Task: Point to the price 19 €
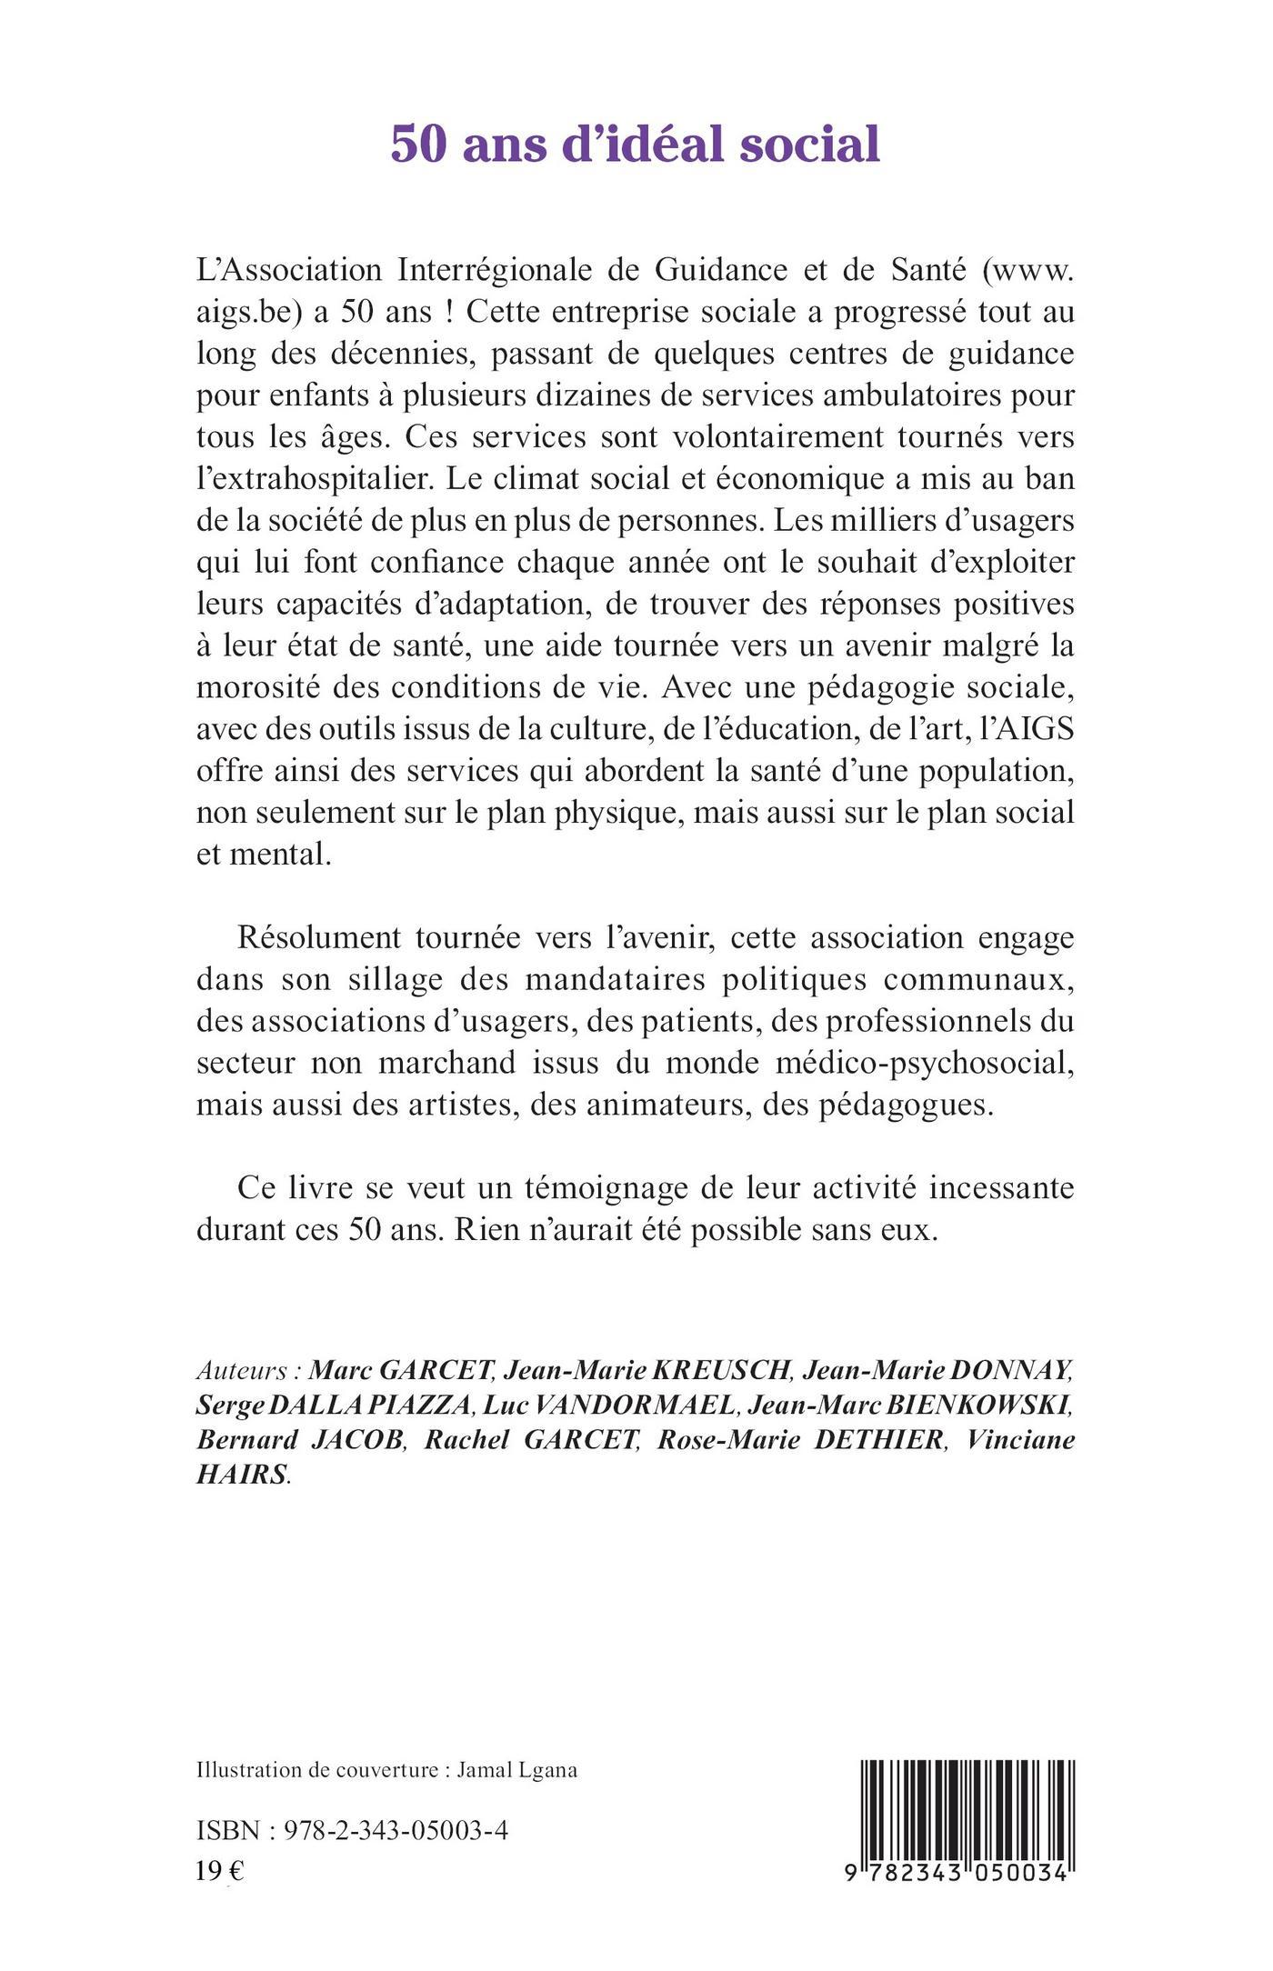[x=220, y=1869]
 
